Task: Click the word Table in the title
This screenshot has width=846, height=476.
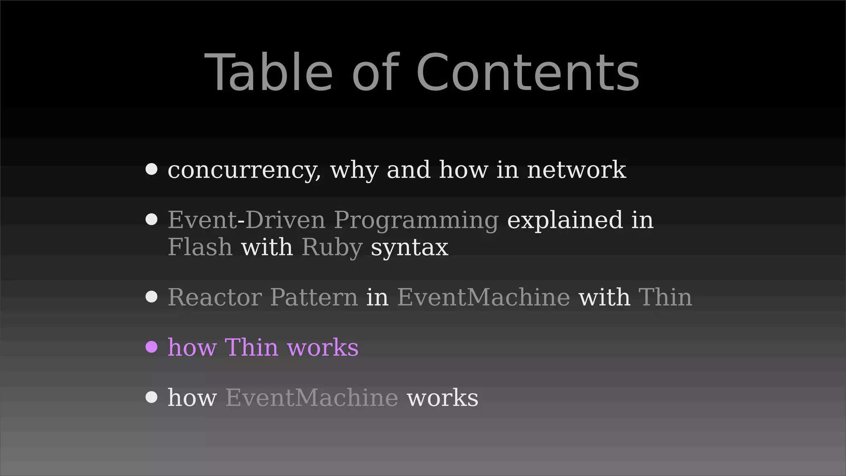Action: [269, 73]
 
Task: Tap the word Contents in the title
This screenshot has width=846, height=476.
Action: [528, 73]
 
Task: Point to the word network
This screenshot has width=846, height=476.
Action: [576, 170]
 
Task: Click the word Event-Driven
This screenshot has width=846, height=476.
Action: [246, 220]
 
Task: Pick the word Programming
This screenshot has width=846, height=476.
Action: [416, 221]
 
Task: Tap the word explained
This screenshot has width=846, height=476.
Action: [564, 220]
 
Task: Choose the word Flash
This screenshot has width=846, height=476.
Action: [200, 247]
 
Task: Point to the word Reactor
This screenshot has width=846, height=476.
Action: [214, 297]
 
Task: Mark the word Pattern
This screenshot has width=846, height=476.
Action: [314, 297]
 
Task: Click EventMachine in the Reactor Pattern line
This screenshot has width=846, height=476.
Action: [483, 297]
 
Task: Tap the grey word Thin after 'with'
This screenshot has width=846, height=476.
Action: [665, 297]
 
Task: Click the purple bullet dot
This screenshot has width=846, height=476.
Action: [152, 347]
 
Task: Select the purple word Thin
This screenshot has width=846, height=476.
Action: [251, 347]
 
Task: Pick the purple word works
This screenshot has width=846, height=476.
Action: [323, 347]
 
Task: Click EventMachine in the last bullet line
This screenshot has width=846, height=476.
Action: [311, 397]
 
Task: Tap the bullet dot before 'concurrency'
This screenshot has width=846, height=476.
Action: [152, 169]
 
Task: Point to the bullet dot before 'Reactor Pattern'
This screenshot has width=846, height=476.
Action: [152, 297]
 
